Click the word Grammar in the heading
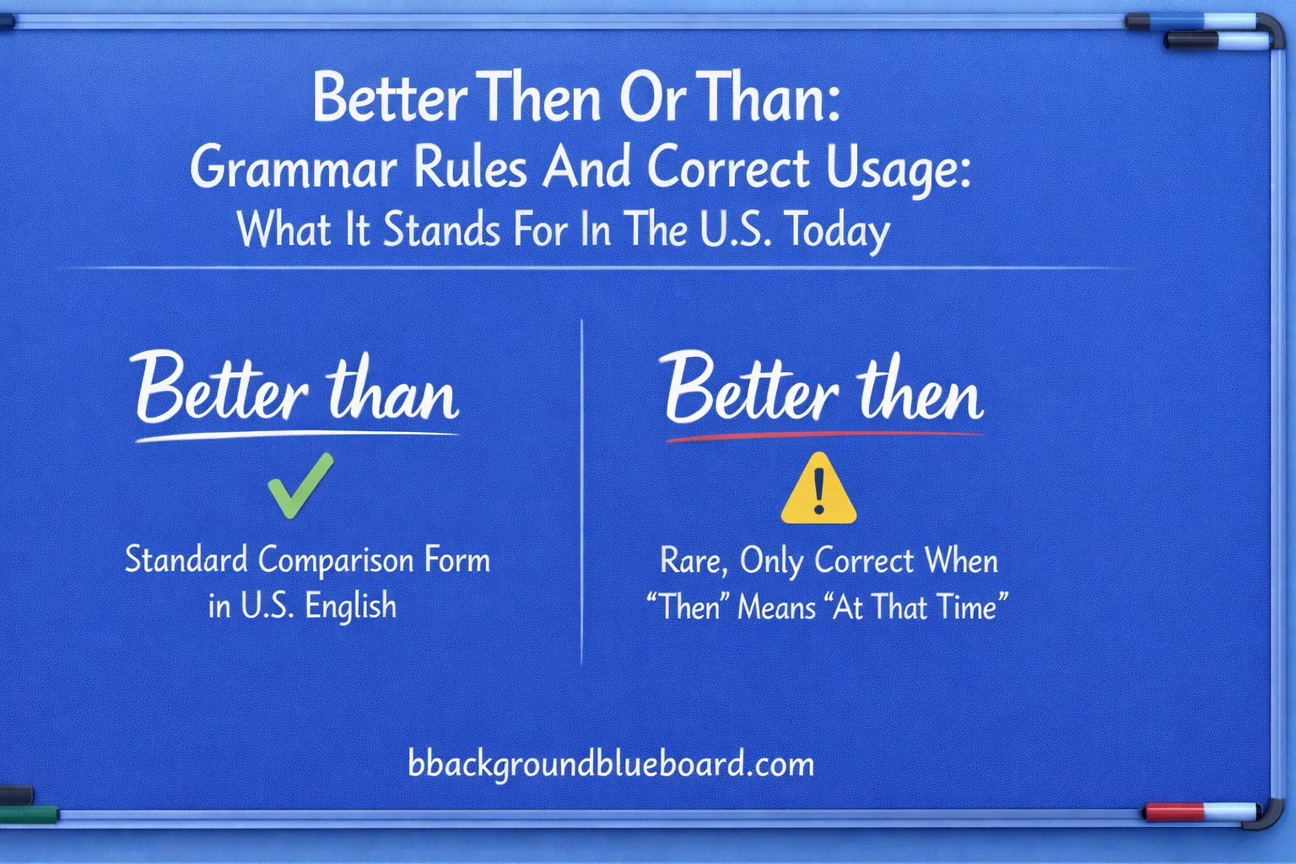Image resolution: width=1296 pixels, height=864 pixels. [x=293, y=168]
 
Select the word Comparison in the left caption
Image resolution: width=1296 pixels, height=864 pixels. [x=336, y=561]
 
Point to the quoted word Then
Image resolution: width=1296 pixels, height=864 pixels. [x=689, y=607]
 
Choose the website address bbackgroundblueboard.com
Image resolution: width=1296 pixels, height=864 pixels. [x=611, y=764]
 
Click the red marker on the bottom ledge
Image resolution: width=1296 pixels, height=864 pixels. [x=1174, y=813]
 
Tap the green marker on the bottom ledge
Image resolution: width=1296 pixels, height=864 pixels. [x=29, y=814]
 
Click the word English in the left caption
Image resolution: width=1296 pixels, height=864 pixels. [x=350, y=607]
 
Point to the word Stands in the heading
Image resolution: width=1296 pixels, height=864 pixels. [x=441, y=230]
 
